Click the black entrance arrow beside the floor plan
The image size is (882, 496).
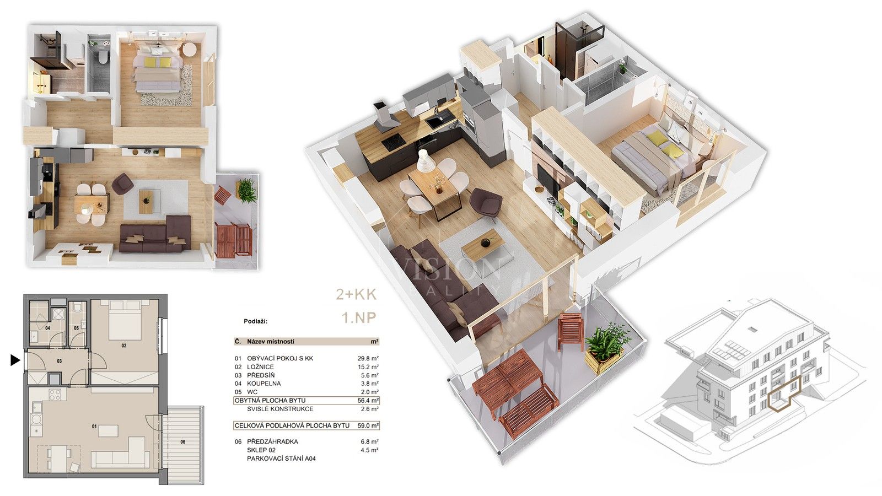point(15,360)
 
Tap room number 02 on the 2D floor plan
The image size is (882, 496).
point(124,346)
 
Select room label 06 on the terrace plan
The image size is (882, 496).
point(182,441)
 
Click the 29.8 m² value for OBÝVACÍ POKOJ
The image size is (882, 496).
point(368,358)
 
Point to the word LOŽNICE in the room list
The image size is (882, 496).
point(260,366)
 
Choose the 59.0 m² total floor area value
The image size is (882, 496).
point(368,425)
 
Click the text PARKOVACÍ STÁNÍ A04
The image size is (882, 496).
point(281,459)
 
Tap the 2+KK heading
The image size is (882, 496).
point(357,294)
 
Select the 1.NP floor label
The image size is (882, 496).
point(359,318)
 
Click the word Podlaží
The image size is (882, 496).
point(255,321)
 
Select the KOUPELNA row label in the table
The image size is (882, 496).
point(263,384)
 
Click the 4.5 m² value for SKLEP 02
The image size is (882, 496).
point(369,450)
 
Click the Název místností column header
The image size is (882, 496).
point(270,342)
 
